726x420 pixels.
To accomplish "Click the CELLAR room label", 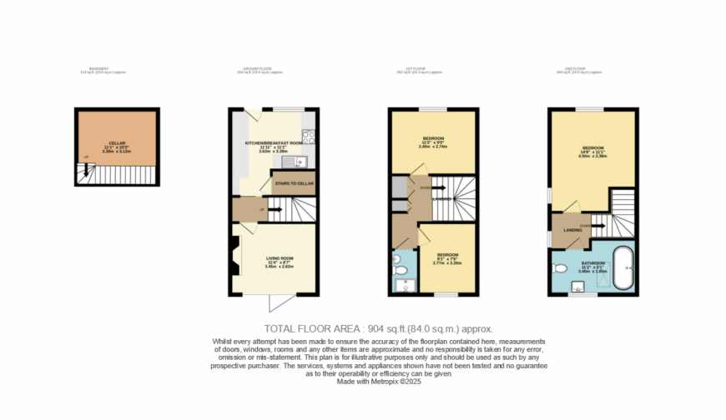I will coord(104,142).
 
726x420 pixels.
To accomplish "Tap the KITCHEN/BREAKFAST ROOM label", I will coord(273,143).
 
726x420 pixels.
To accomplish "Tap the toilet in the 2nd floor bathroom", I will coord(559,268).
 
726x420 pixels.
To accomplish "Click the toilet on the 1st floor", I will coord(399,269).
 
